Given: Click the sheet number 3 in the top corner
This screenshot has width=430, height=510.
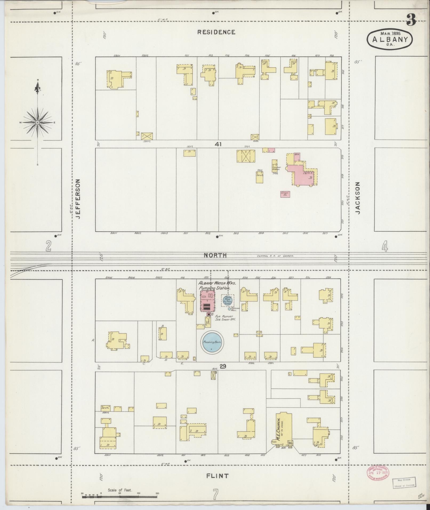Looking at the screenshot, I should tap(411, 20).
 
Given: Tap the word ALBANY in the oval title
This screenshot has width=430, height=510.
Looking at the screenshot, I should tap(390, 39).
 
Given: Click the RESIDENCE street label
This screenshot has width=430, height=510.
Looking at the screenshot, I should tap(216, 32).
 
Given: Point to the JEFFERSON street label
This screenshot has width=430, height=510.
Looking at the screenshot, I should tap(78, 199).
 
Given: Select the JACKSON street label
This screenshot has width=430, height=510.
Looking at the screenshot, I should tap(358, 198).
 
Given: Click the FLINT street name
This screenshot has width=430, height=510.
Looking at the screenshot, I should tap(218, 476).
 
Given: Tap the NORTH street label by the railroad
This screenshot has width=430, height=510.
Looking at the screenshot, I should tap(215, 255).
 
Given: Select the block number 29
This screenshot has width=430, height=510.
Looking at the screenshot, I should tap(223, 367).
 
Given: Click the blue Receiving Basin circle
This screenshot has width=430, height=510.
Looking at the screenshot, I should tap(212, 342).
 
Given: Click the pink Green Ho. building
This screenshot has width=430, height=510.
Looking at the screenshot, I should tap(285, 194).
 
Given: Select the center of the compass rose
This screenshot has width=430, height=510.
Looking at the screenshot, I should tap(38, 122).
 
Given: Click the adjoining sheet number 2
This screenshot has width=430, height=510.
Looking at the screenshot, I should tap(48, 246).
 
